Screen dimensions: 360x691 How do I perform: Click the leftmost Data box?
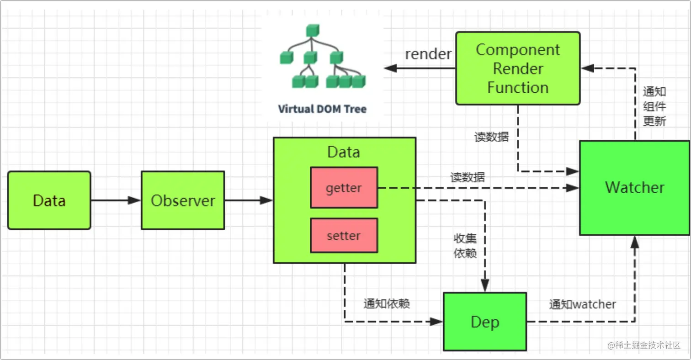[x=49, y=200]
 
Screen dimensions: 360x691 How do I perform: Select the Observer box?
[x=183, y=200]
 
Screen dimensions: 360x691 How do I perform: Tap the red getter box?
[x=344, y=187]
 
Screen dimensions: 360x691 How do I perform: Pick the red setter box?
[x=344, y=235]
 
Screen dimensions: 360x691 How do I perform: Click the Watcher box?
[x=634, y=188]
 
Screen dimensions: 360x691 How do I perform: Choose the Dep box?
[x=485, y=322]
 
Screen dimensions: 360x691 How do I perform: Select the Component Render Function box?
[x=518, y=68]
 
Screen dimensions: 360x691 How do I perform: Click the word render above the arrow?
[x=428, y=54]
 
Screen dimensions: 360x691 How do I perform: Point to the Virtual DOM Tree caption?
[x=322, y=109]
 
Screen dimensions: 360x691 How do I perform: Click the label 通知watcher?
[x=582, y=304]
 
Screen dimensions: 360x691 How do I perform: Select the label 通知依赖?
[x=387, y=304]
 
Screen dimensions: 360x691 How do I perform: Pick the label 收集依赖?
[x=465, y=246]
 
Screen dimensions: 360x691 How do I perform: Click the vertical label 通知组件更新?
[x=654, y=106]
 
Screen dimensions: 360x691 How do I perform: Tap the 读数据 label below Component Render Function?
[x=491, y=137]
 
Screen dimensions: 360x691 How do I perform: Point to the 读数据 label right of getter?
[x=467, y=177]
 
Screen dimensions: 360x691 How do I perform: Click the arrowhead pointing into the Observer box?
[x=135, y=200]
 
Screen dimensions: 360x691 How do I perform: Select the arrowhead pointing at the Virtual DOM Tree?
[x=390, y=69]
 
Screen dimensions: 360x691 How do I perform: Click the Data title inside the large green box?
[x=344, y=152]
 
